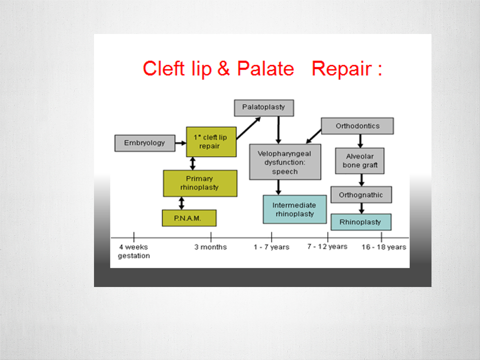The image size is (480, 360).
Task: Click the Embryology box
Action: tap(145, 143)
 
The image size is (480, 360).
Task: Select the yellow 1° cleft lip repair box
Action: tap(211, 141)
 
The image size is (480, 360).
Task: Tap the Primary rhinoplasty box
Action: tap(200, 183)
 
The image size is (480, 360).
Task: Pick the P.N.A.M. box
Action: tap(189, 218)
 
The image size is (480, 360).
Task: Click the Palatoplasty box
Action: tap(264, 108)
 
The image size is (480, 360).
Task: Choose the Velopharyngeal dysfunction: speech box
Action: tap(285, 162)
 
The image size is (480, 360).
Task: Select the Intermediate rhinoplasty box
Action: tap(294, 209)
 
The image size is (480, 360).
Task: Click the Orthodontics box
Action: tap(357, 126)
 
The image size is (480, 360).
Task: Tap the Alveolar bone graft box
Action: tap(359, 160)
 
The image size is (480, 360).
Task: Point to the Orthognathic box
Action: tap(361, 194)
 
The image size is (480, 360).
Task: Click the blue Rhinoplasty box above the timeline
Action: tap(361, 222)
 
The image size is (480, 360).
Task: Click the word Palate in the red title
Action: tap(265, 68)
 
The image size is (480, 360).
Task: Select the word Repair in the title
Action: tap(342, 69)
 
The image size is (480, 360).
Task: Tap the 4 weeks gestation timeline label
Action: tap(134, 251)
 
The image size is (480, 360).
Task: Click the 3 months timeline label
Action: tap(210, 247)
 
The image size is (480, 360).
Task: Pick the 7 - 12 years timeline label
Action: tap(327, 246)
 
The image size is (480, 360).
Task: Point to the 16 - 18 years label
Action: tap(384, 247)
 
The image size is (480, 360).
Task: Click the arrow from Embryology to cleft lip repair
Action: tap(180, 143)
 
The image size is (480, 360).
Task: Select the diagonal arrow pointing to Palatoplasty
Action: tap(248, 128)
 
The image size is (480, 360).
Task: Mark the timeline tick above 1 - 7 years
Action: tap(271, 236)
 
